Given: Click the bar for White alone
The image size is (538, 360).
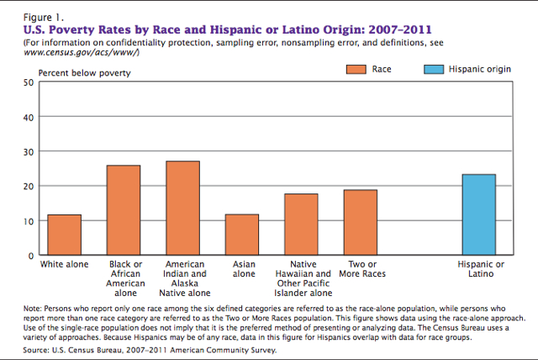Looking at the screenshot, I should pos(65,235).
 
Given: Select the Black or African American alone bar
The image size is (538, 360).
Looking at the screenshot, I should pos(124,210).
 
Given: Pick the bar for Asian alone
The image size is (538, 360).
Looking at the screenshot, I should pos(242,235).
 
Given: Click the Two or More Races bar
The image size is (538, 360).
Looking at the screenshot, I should pos(361,222).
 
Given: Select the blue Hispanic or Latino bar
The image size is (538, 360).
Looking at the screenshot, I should pos(479,214).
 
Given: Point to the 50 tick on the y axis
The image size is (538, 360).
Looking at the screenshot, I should pos(28,82).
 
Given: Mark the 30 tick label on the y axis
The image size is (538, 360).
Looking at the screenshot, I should pos(28,151).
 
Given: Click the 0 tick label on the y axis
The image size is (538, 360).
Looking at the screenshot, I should pos(30,255).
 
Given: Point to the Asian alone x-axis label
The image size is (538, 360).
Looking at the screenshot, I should pos(244,269).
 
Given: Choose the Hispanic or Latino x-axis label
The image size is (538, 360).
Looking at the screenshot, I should pos(481,269).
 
